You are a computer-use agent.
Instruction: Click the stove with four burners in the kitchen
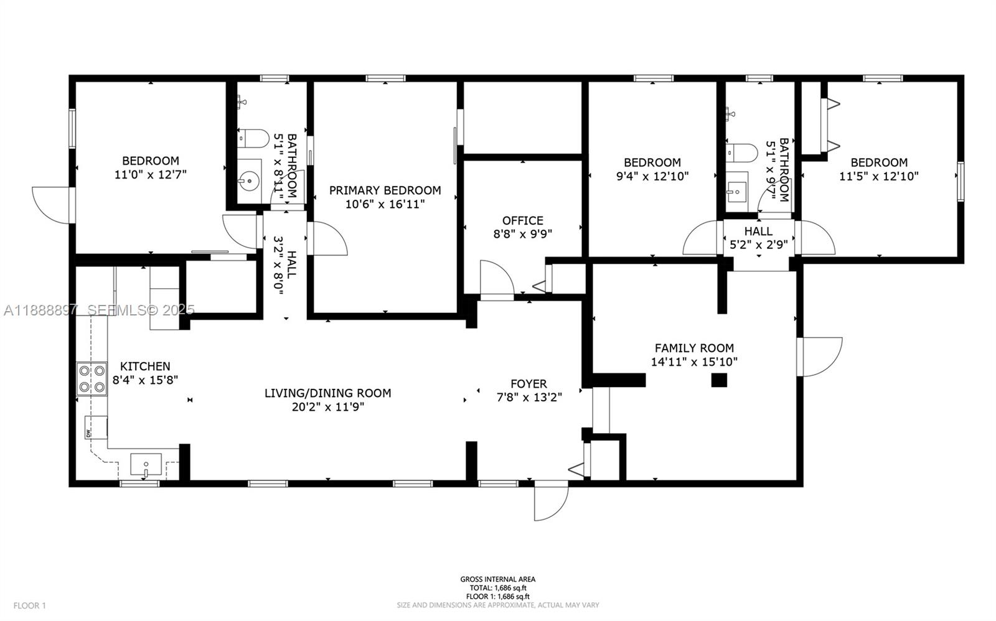tap(92, 379)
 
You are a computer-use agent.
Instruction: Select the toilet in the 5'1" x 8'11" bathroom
tap(253, 138)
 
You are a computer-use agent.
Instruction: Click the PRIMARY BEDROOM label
tap(385, 190)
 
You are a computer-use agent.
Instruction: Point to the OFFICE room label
tap(522, 220)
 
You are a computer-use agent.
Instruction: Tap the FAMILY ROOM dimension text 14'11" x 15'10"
tap(694, 362)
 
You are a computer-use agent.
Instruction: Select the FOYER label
tap(529, 384)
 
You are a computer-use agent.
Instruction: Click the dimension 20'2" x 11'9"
tap(327, 407)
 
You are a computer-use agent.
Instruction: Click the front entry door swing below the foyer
tap(551, 501)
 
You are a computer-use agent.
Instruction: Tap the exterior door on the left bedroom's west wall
tap(53, 204)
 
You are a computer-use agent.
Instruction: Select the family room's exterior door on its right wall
tap(820, 357)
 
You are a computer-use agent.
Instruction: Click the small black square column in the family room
tap(719, 380)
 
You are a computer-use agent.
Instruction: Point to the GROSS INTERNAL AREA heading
tap(497, 579)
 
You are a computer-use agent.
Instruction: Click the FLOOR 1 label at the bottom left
tap(30, 605)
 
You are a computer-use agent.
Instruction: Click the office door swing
tap(496, 280)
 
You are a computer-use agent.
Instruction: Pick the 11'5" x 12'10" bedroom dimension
tap(878, 176)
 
